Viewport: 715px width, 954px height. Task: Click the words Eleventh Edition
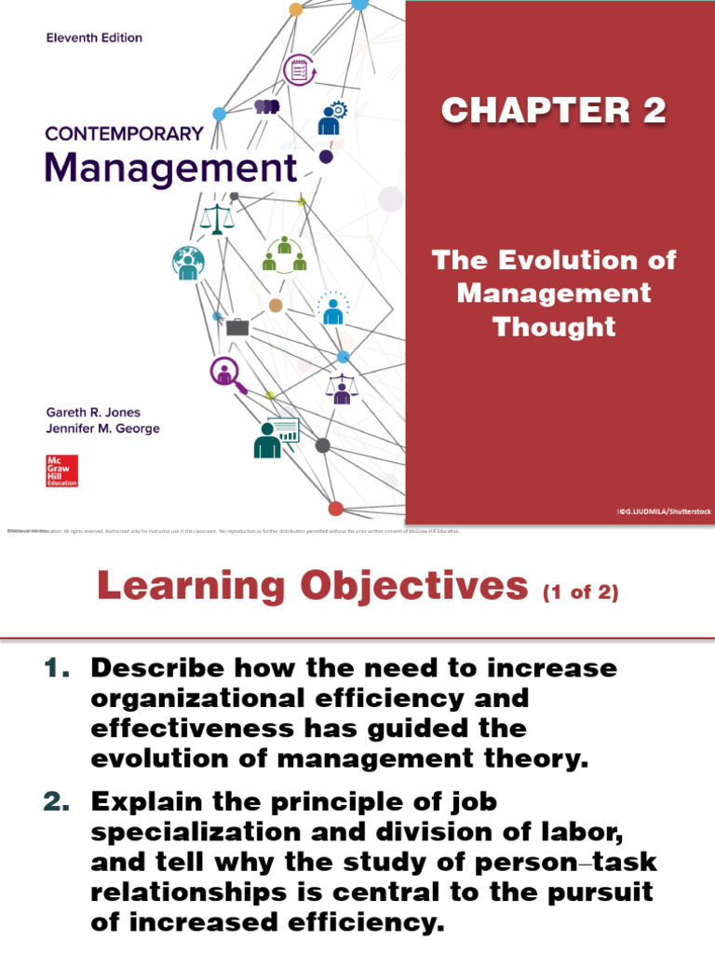[94, 38]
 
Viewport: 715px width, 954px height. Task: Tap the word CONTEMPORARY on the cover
[124, 133]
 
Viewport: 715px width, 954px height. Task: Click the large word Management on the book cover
[171, 170]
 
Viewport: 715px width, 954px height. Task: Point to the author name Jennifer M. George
[102, 429]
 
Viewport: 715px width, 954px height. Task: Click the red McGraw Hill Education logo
[61, 470]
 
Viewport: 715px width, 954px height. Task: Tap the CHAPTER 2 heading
[554, 111]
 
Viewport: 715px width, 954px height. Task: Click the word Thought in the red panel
[554, 326]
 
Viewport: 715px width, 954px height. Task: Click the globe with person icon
[187, 263]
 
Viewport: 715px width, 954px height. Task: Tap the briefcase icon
[237, 327]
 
